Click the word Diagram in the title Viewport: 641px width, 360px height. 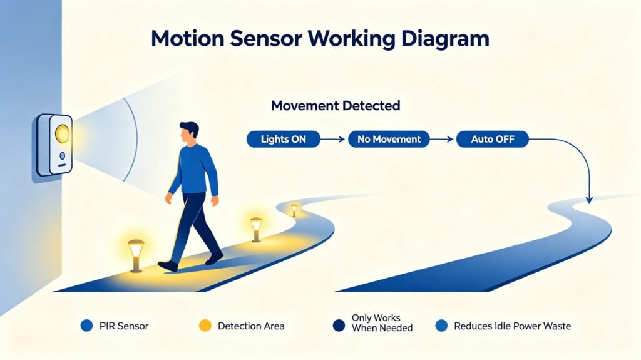pyautogui.click(x=445, y=38)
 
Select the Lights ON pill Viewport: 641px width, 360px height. pyautogui.click(x=284, y=139)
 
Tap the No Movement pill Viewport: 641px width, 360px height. pyautogui.click(x=389, y=139)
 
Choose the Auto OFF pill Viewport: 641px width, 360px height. pyautogui.click(x=492, y=139)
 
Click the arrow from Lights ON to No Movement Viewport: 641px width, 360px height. pyautogui.click(x=333, y=140)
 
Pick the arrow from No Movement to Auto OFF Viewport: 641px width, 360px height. pyautogui.click(x=441, y=140)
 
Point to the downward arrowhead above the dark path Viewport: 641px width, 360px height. pyautogui.click(x=589, y=200)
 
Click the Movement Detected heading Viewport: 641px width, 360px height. pyautogui.click(x=336, y=106)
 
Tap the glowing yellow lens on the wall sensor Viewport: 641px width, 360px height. pyautogui.click(x=62, y=134)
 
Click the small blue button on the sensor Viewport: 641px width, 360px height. pyautogui.click(x=62, y=156)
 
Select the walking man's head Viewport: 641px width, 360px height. pyautogui.click(x=189, y=133)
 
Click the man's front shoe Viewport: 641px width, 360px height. pyautogui.click(x=168, y=266)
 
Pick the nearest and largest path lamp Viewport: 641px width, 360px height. pyautogui.click(x=136, y=255)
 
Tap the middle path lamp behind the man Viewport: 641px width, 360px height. pyautogui.click(x=256, y=230)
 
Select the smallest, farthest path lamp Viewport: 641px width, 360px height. pyautogui.click(x=294, y=210)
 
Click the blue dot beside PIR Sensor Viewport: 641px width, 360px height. pyautogui.click(x=86, y=326)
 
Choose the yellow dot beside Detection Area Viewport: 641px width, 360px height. pyautogui.click(x=205, y=326)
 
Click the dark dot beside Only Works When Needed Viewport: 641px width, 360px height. pyautogui.click(x=339, y=326)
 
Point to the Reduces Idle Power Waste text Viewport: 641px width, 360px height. pyautogui.click(x=512, y=326)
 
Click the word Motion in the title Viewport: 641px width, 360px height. pyautogui.click(x=188, y=38)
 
